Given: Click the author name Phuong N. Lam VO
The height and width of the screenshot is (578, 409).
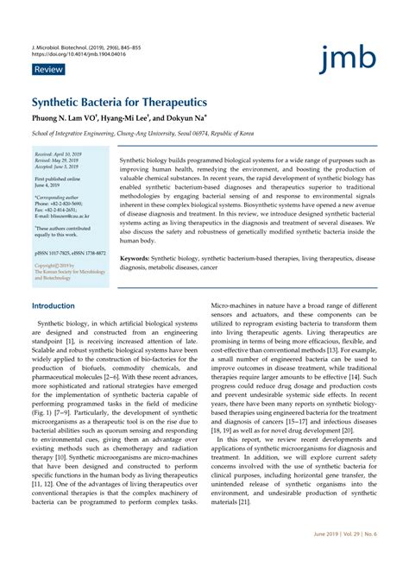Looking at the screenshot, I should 62,117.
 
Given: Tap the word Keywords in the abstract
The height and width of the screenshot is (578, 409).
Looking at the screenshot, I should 138,258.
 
